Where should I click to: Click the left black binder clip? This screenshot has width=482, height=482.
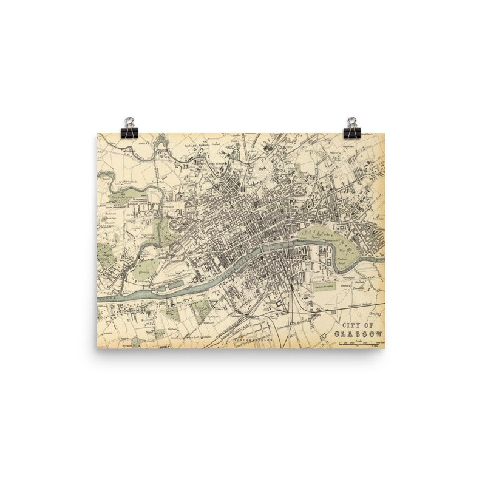pos(129,127)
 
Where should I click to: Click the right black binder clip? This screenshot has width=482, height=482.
pos(351,127)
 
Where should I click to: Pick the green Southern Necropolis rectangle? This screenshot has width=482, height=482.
pos(325,285)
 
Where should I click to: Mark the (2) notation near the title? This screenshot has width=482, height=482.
pos(358,314)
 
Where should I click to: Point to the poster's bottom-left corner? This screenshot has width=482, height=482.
pos(97,348)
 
